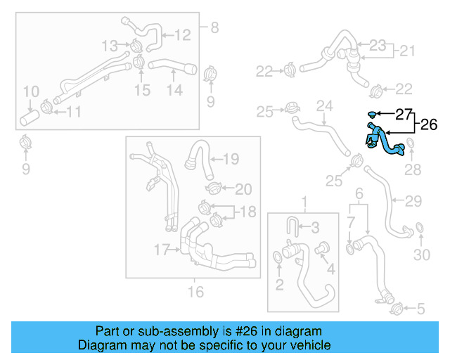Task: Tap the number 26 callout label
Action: pos(428,125)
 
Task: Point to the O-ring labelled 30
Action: pos(419,229)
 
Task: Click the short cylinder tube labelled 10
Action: pos(30,117)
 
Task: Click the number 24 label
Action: pos(323,107)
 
